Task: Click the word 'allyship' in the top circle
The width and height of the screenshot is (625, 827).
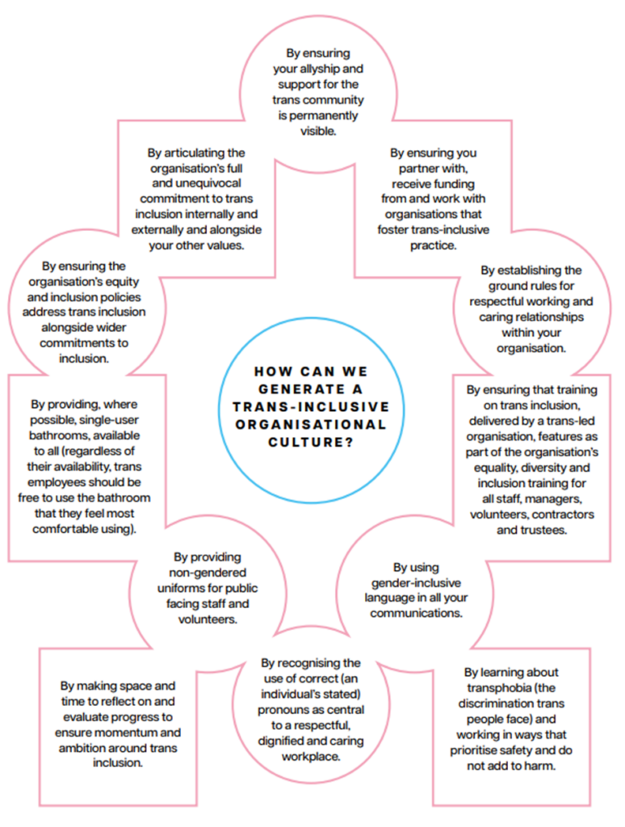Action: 328,68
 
